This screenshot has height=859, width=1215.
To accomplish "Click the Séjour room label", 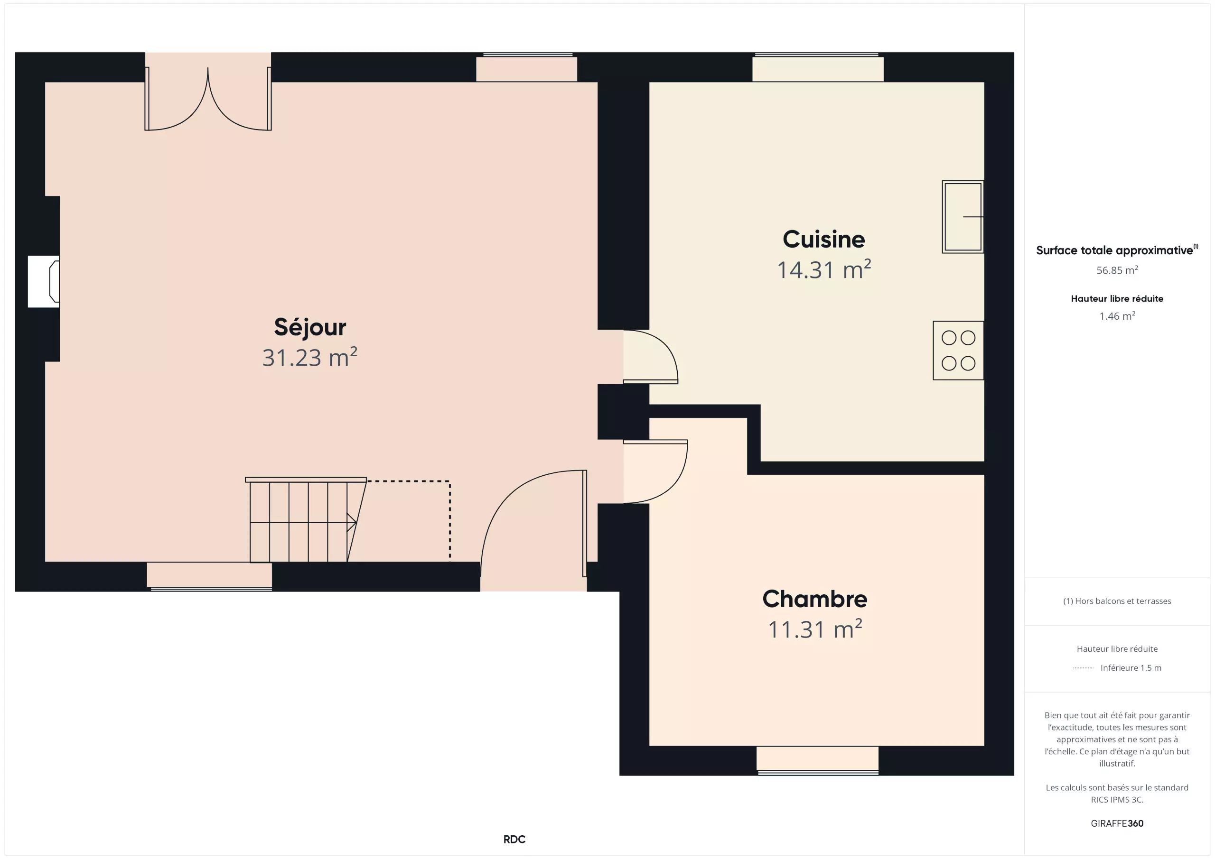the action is tap(310, 327).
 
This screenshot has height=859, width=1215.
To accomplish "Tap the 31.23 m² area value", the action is tap(310, 358).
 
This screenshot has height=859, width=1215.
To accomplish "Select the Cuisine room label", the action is tap(824, 239).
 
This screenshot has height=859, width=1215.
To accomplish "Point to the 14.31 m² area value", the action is tap(824, 270).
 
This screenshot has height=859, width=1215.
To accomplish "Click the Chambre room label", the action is tap(815, 599).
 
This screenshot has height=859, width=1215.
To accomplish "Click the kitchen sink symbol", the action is tap(963, 217).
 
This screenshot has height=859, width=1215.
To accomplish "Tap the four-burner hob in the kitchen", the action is tap(958, 350).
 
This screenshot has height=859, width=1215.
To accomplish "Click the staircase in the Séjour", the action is tap(306, 520).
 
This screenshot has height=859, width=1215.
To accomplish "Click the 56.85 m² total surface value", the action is tap(1117, 270).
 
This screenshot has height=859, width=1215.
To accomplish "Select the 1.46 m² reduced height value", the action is tap(1117, 316).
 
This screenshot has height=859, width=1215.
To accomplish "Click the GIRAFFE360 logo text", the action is tap(1117, 823).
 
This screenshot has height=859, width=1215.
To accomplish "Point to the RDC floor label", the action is tap(514, 840).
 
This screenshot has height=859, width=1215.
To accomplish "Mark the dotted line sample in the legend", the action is tap(1083, 668).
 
